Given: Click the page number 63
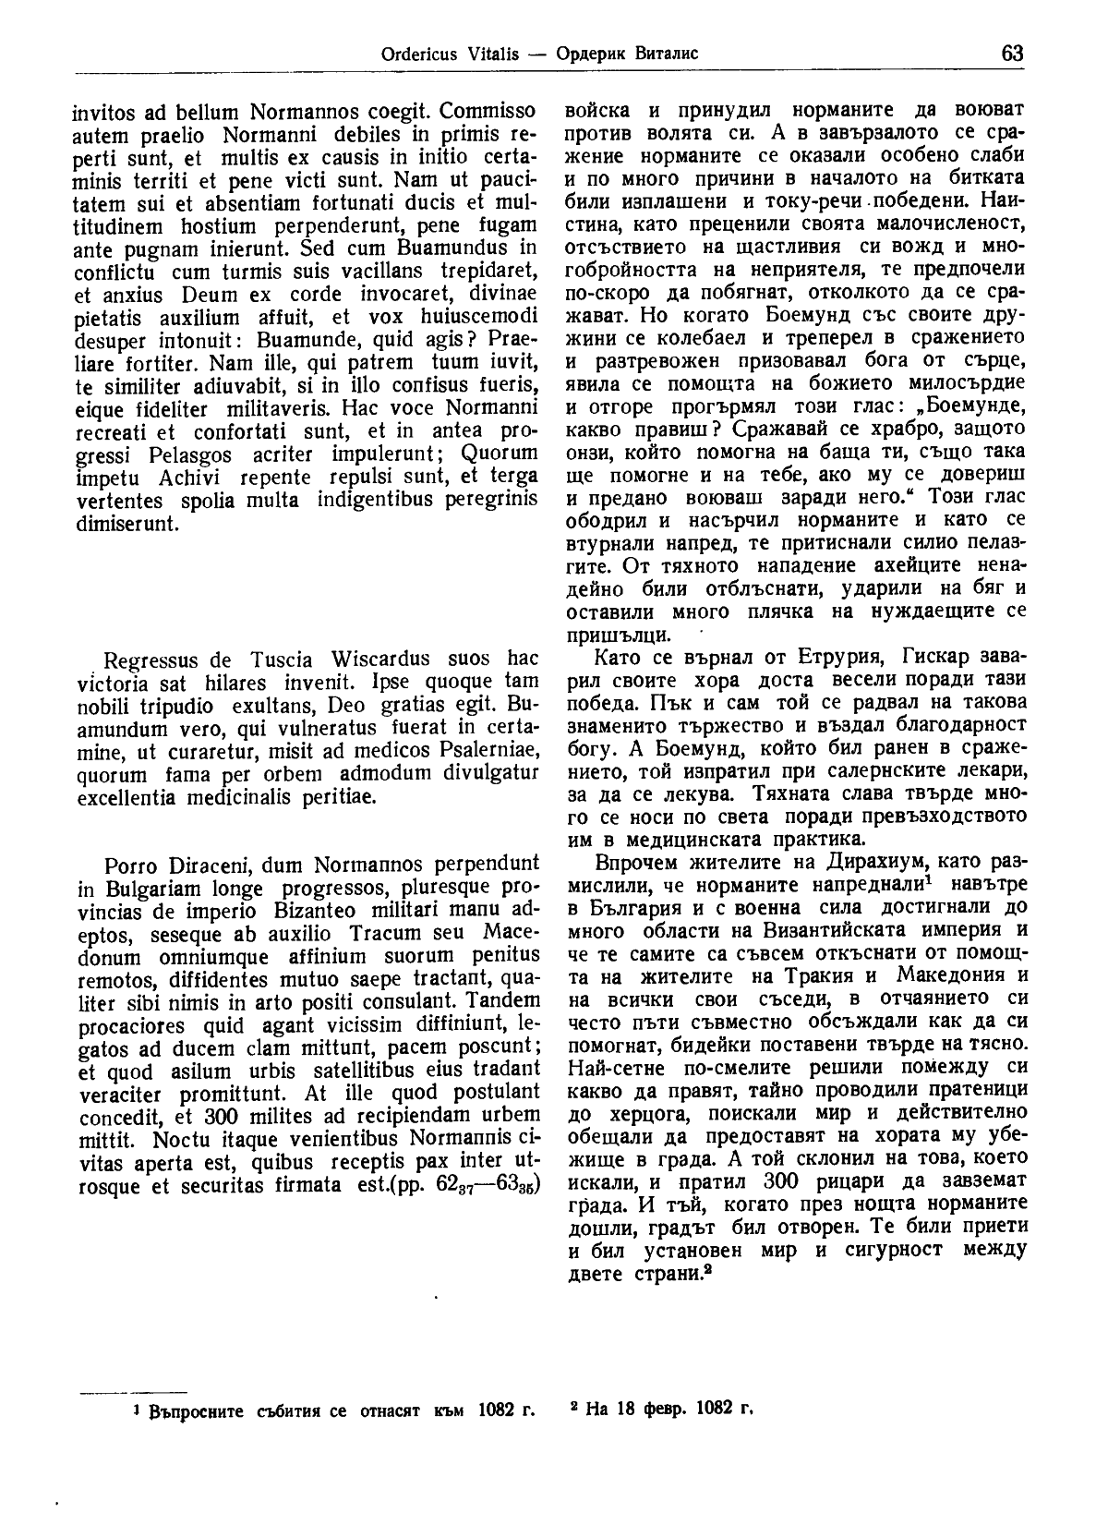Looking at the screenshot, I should [x=1011, y=53].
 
